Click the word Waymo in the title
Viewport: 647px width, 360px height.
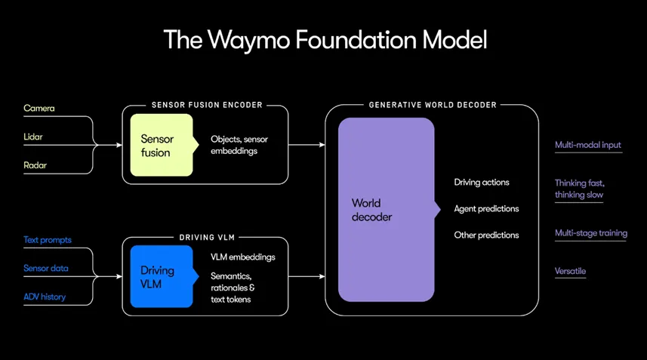(249, 41)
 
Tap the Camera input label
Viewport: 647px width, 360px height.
(39, 109)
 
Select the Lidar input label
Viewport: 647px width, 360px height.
(33, 137)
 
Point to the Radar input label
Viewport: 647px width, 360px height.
(35, 165)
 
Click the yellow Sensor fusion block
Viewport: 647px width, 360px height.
(162, 145)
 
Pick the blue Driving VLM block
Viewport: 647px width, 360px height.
(162, 276)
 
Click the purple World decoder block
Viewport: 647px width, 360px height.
(387, 210)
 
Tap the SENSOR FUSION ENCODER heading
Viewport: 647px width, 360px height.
(207, 105)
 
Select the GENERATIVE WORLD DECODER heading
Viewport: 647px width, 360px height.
(433, 105)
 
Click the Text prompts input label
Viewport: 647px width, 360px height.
(48, 240)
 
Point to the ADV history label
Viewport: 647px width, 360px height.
(45, 297)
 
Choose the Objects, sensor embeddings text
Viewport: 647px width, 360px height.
(239, 145)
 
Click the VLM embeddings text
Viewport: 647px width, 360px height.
(243, 257)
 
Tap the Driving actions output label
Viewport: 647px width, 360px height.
(482, 183)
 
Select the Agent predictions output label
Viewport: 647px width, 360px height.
(486, 209)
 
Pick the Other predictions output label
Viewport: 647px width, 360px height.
(486, 235)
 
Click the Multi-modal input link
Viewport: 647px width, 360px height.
(588, 145)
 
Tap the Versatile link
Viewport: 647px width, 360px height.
(570, 272)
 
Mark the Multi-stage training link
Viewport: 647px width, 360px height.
(591, 233)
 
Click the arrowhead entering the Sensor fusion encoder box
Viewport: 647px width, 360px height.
(119, 145)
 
